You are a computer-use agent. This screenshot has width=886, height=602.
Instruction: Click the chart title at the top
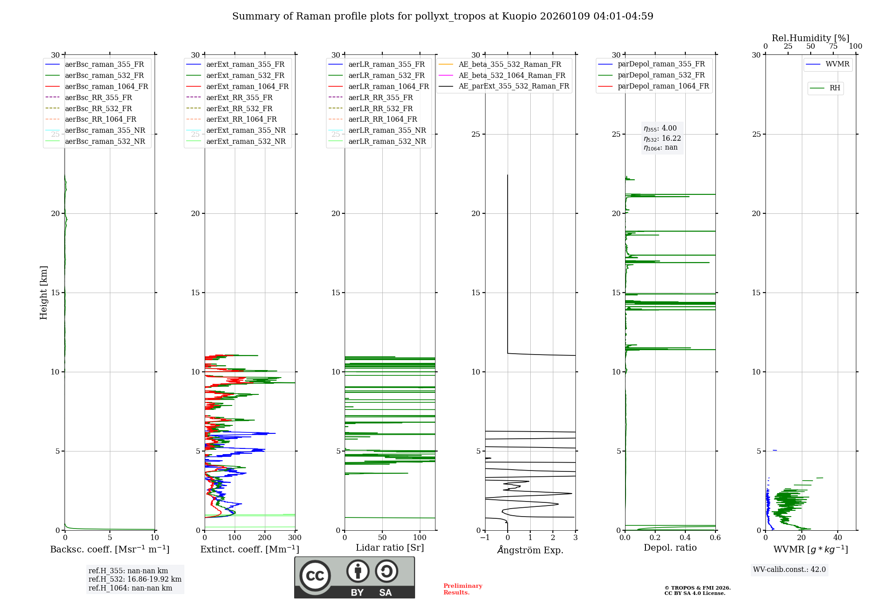[443, 16]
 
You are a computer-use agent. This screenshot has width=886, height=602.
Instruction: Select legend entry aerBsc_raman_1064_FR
[106, 87]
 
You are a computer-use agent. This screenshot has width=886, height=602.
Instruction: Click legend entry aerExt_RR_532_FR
[239, 108]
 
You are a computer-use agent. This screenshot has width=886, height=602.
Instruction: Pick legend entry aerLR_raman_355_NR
[387, 131]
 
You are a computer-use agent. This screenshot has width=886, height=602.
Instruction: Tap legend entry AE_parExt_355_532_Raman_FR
[513, 86]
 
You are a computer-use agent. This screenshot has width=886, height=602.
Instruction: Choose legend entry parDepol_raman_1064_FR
[663, 86]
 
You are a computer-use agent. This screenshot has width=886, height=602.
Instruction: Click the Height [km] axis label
[43, 293]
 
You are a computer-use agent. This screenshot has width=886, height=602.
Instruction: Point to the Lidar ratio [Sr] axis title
[390, 548]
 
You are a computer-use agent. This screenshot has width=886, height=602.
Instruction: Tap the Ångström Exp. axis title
[530, 550]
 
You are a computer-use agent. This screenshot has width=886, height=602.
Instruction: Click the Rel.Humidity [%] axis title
[810, 38]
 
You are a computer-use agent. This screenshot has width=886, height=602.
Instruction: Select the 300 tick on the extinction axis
[295, 538]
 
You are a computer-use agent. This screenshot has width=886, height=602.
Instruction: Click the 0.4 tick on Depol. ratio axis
[685, 538]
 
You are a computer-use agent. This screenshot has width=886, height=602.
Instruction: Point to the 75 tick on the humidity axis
[833, 46]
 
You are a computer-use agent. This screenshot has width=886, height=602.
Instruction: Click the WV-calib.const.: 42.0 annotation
[789, 570]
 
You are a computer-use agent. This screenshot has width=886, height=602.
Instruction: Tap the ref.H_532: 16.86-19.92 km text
[135, 579]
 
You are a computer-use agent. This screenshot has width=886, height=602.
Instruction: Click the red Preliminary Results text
[462, 589]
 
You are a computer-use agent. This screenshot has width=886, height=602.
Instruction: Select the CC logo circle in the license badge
[315, 576]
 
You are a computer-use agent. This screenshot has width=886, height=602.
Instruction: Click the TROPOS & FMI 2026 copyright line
[697, 588]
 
